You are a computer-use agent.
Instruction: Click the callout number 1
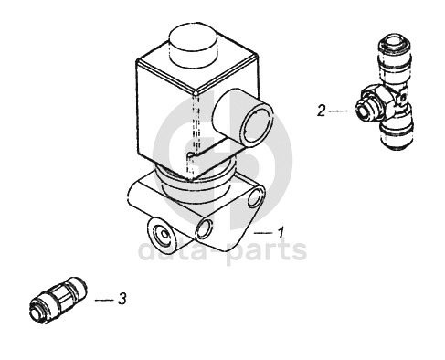point(281,232)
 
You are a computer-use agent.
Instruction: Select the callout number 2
point(321,111)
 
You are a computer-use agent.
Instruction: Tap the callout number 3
point(122,299)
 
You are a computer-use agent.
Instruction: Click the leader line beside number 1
point(263,233)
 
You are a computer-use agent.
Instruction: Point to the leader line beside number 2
point(338,111)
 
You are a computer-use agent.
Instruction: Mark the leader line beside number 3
point(104,301)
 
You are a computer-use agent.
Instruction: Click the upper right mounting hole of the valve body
point(255,197)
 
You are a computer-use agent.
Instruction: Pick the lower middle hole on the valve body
point(205,228)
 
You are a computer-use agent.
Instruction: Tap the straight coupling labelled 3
point(58,300)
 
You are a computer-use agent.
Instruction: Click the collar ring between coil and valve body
point(195,180)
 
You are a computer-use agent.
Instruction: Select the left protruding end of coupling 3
point(38,311)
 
